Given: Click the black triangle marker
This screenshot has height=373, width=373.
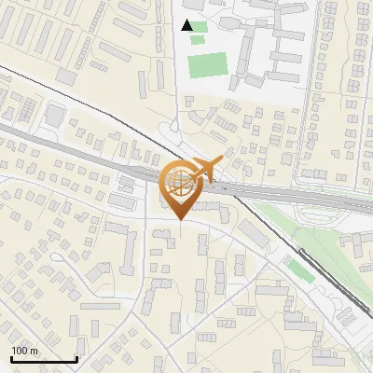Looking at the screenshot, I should [189, 25].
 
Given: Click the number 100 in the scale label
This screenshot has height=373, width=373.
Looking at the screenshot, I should [20, 350].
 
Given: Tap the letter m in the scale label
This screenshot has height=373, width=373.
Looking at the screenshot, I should [34, 350].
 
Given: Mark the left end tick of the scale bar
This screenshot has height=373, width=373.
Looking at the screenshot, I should [11, 358].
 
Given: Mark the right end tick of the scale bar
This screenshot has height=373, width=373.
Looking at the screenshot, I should [76, 358].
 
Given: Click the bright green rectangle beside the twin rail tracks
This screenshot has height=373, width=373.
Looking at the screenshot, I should [298, 270].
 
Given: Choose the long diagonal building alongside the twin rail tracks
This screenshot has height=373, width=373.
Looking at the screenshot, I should [253, 233].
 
